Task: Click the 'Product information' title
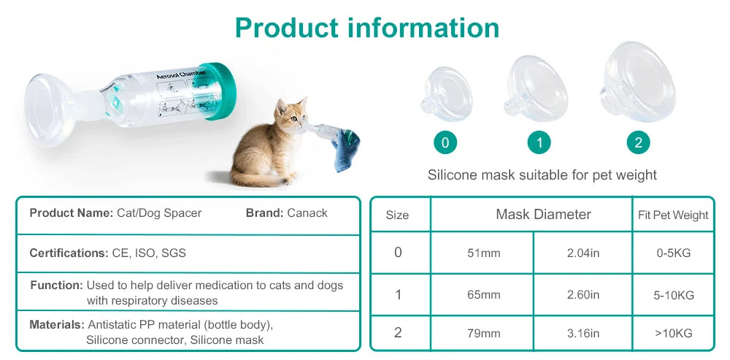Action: [367, 28]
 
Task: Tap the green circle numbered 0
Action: [445, 142]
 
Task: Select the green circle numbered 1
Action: [539, 142]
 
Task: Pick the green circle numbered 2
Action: [638, 142]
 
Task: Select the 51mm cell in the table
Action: [483, 253]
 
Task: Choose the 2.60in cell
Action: [583, 295]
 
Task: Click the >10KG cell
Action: [673, 333]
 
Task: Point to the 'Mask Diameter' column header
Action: [543, 214]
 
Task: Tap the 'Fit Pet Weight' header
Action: [673, 215]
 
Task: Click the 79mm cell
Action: [483, 333]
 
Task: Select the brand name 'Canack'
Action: [307, 213]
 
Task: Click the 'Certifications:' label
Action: [69, 253]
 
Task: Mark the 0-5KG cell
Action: [673, 253]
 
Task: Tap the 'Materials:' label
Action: [56, 323]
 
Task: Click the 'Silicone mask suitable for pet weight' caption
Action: [542, 175]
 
